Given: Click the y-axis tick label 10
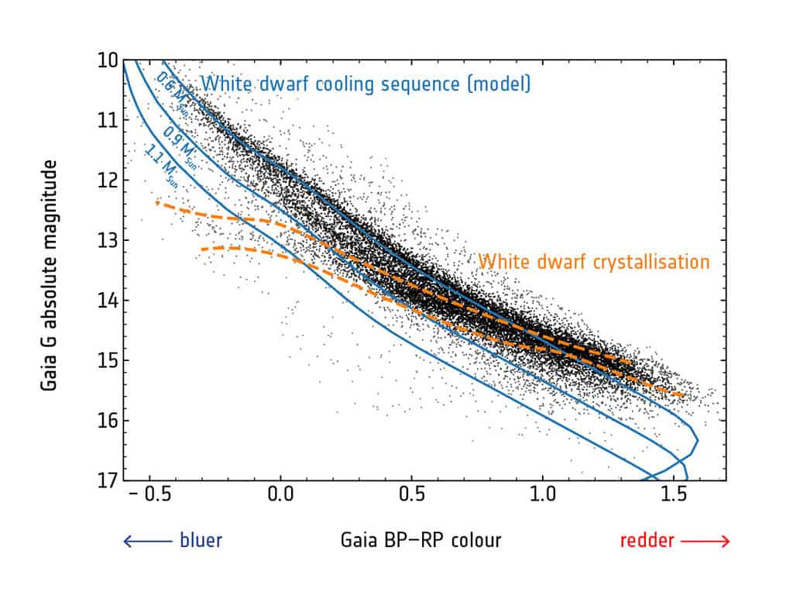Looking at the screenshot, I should (106, 60).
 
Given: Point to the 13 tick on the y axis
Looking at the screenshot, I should (106, 240).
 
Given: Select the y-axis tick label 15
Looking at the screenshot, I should (106, 360).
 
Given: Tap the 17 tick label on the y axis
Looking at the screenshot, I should (106, 480).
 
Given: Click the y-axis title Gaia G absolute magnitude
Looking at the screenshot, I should (50, 274).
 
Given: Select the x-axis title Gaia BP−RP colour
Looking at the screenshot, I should (421, 540).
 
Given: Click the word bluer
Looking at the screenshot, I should (201, 540).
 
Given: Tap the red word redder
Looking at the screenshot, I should (647, 540).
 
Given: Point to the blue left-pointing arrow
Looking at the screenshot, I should (147, 541).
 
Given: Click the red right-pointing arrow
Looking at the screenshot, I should (705, 541).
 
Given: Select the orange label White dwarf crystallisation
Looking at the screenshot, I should (593, 262).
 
